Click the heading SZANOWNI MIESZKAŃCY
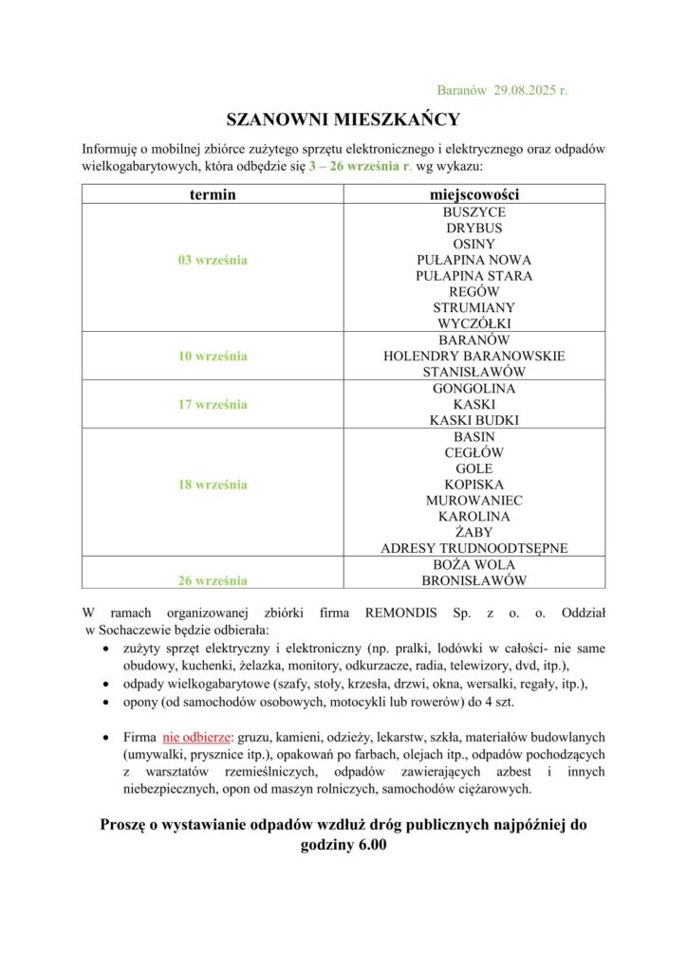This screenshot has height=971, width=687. (x=343, y=119)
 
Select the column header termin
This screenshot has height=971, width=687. (x=213, y=194)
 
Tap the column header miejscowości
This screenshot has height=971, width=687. (x=473, y=194)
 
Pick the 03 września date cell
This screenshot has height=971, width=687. (x=213, y=260)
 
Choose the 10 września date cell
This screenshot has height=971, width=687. (x=213, y=356)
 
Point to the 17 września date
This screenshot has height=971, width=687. (x=213, y=404)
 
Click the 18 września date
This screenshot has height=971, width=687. (x=213, y=485)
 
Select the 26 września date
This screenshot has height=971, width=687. (x=213, y=579)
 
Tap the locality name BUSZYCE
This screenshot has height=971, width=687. (x=473, y=212)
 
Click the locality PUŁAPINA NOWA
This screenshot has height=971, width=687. (x=473, y=260)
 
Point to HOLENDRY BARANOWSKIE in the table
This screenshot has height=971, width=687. (x=473, y=356)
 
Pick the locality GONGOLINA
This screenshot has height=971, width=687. (x=473, y=388)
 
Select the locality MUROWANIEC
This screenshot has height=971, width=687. (x=473, y=500)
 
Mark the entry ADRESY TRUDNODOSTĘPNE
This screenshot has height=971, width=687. (x=473, y=548)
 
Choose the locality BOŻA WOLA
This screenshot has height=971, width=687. (x=473, y=564)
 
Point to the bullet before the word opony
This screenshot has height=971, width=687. (x=103, y=703)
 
